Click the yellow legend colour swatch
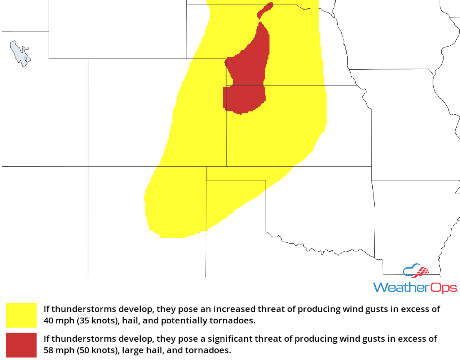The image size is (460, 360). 21,315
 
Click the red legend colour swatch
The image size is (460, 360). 21,345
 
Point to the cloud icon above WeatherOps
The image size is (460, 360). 416,271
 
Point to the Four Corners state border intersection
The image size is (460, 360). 88,167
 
